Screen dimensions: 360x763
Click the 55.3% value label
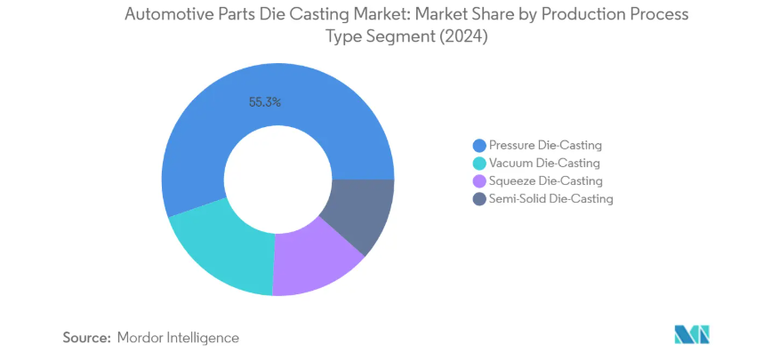[x=265, y=102]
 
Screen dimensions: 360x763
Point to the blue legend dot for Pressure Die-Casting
[x=479, y=145]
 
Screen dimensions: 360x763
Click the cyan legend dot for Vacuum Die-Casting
[x=479, y=163]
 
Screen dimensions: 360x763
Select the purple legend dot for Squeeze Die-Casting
[x=479, y=180]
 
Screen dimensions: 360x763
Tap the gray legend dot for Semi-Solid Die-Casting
[x=479, y=198]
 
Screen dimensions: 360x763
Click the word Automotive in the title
[x=162, y=15]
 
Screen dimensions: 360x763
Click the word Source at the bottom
[x=85, y=338]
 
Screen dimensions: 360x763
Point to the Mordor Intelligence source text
[x=178, y=338]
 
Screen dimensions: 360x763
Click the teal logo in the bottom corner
[x=692, y=334]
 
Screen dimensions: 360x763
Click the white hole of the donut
[x=278, y=179]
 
